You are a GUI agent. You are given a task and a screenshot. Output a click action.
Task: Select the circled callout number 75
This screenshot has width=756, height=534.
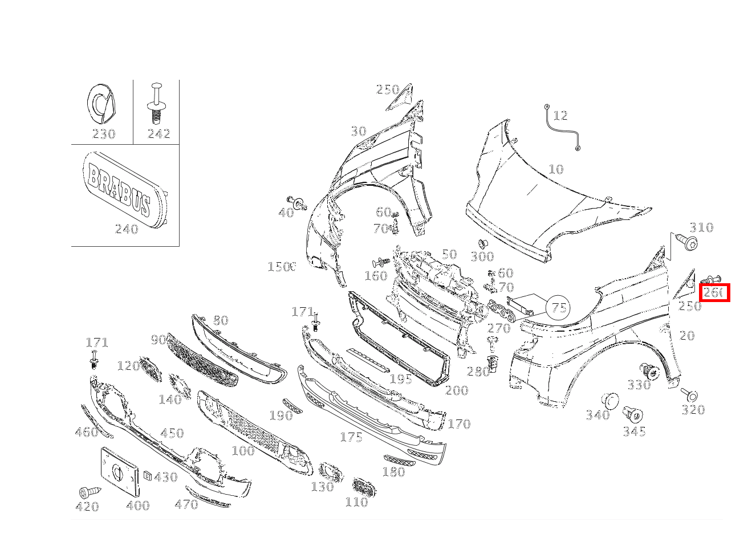[x=558, y=308]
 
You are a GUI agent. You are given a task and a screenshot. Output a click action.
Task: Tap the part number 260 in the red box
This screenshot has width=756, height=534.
[x=714, y=293]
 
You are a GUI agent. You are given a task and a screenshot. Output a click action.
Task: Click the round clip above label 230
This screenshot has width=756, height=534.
[x=101, y=104]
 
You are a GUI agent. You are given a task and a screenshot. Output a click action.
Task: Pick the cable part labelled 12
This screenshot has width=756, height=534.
[x=562, y=128]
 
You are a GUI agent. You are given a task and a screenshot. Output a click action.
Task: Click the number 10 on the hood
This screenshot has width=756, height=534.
[x=555, y=169]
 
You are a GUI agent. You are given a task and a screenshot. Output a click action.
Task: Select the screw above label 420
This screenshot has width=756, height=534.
[x=88, y=491]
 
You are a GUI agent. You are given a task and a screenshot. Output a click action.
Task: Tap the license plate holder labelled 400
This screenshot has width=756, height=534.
[x=120, y=471]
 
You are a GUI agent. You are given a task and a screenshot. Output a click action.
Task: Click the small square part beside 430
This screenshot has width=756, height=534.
[x=147, y=476]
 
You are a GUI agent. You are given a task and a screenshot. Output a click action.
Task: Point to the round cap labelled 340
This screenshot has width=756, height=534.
[x=609, y=401]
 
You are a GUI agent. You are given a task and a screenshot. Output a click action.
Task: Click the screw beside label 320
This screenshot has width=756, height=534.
[x=689, y=394]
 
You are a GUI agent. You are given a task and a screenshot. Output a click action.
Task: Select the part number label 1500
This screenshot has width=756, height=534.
[x=282, y=267]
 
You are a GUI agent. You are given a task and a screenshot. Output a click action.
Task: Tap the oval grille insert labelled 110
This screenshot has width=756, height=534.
[x=364, y=487]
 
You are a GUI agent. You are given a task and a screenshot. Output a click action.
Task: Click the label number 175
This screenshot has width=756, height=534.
[x=351, y=437]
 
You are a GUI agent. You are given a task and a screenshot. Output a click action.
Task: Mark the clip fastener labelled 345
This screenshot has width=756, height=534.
[x=633, y=414]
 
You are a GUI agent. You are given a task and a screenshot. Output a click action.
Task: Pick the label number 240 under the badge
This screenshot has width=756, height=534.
[x=127, y=229]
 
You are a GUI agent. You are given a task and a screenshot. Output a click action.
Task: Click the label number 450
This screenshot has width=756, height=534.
[x=172, y=433]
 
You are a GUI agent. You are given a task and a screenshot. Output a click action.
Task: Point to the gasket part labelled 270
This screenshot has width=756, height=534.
[x=500, y=310]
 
